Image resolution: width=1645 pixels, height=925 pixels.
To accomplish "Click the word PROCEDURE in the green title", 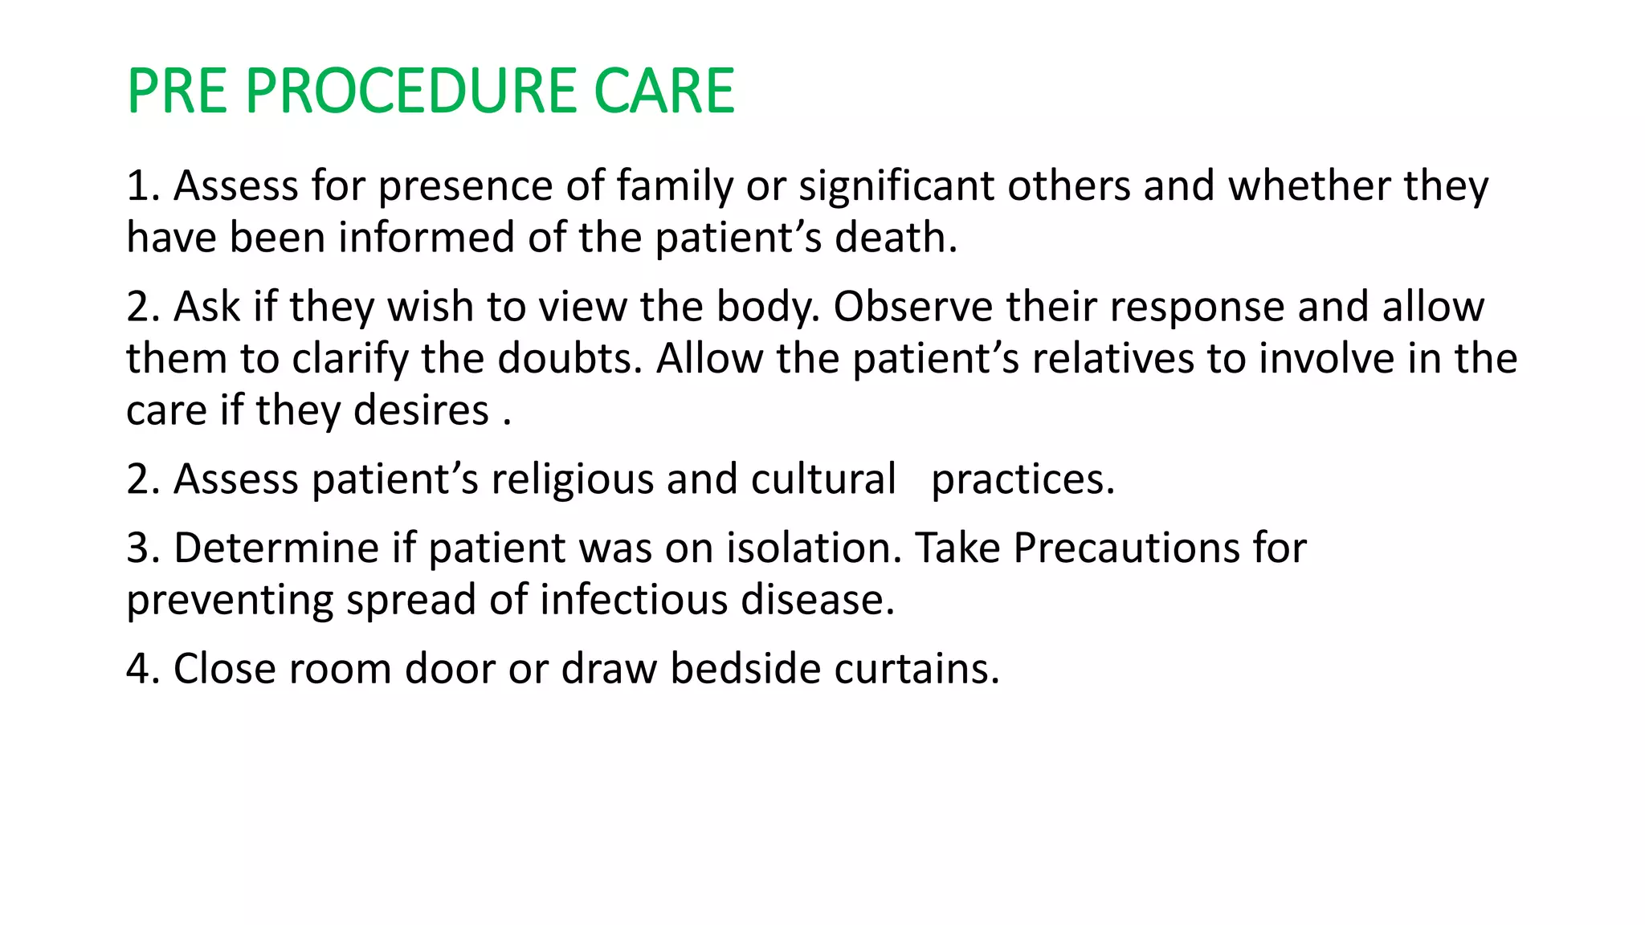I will (x=412, y=91).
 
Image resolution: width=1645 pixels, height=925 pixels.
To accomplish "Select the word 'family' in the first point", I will (x=674, y=187).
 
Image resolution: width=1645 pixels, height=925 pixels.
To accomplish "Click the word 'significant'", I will (x=896, y=187).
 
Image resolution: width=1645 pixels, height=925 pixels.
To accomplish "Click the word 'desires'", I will (x=421, y=411).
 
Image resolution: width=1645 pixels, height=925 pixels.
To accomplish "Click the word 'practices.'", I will (x=1023, y=480).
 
